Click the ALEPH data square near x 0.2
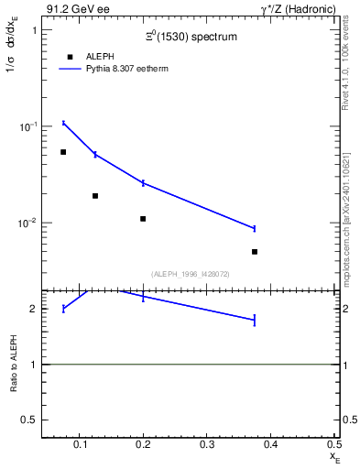(143, 219)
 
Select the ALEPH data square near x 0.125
(95, 195)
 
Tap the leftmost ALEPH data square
(63, 152)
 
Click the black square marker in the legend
(70, 57)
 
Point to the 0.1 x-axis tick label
(82, 445)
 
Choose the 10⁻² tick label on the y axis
(26, 223)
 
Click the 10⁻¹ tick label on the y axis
(26, 126)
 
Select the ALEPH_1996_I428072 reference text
(191, 273)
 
